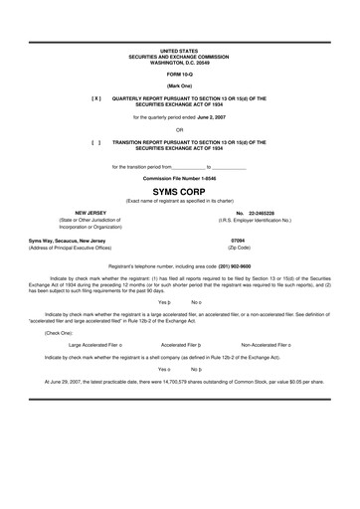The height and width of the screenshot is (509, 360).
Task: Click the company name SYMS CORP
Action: tap(179, 189)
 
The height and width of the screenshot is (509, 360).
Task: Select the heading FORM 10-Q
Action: tap(179, 75)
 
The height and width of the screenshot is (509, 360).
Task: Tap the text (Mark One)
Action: tap(179, 86)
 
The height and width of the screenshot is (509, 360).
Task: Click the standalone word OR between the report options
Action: tap(179, 129)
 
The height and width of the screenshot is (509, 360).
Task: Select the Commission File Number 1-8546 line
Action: tap(179, 177)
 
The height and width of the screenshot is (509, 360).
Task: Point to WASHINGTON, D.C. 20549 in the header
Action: tap(179, 60)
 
